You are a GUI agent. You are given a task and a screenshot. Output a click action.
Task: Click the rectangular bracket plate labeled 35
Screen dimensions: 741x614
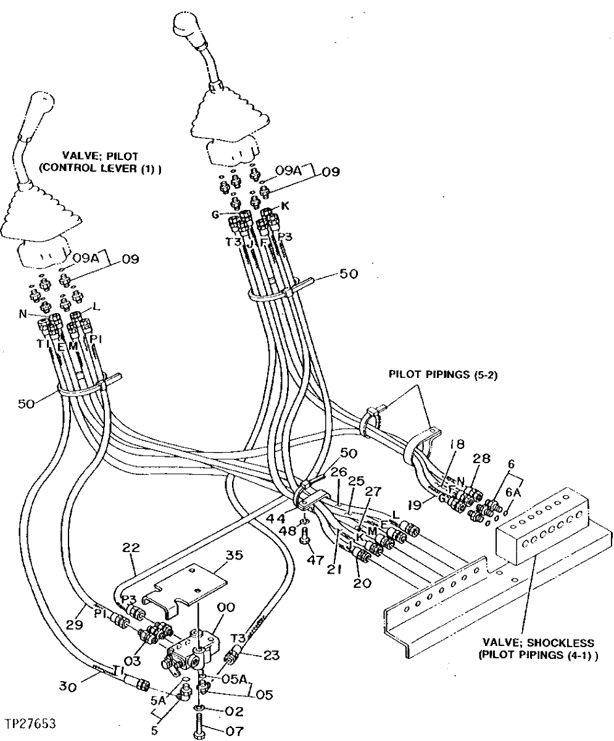click(185, 587)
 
